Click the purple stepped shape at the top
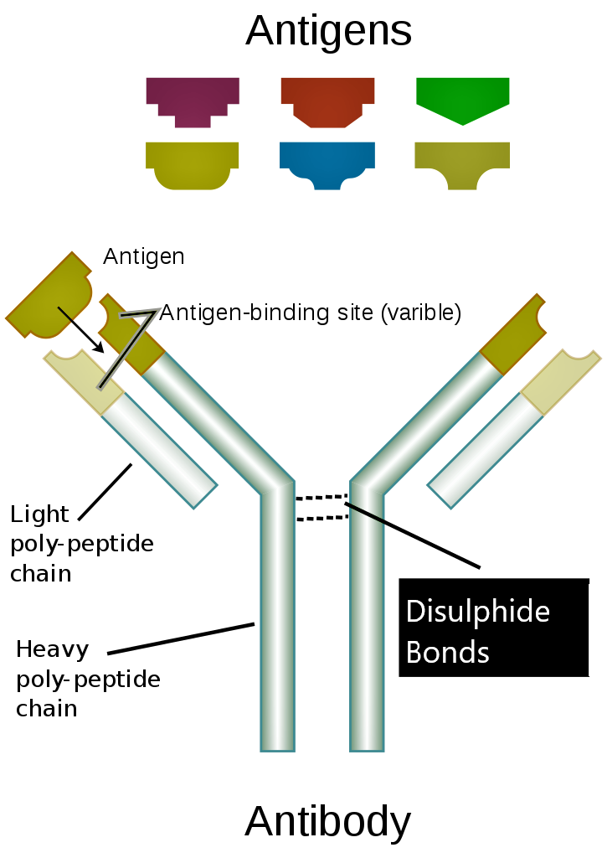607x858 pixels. coord(193,96)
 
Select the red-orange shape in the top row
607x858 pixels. coord(327,96)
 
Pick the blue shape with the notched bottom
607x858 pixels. coord(327,161)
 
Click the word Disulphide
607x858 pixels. coord(477,612)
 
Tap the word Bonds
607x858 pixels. coord(447,652)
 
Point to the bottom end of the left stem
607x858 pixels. coord(277,742)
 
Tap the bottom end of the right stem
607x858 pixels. coord(367,742)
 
